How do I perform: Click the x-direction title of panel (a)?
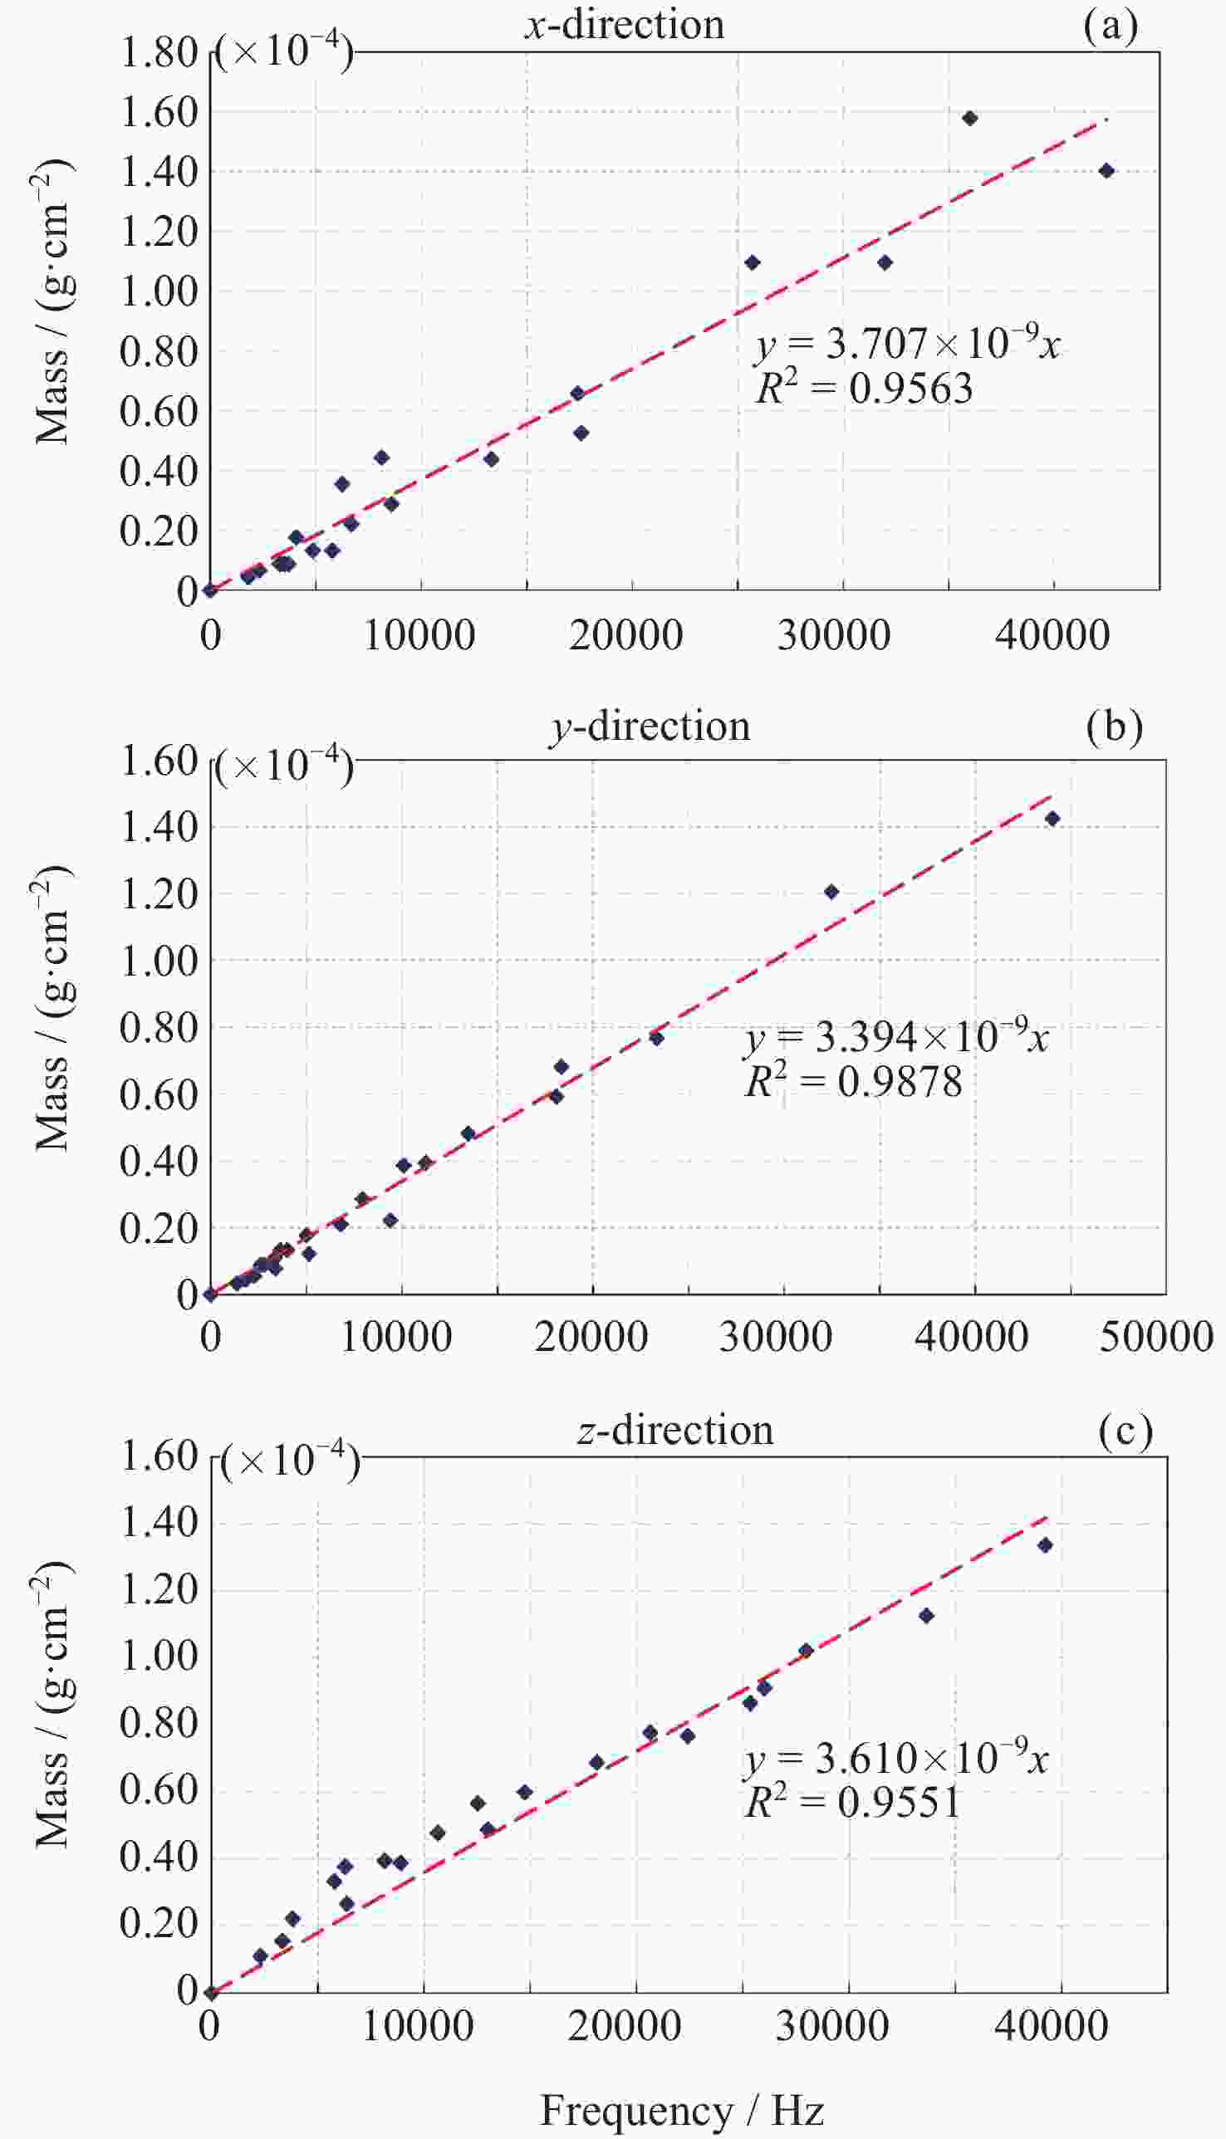click(x=624, y=24)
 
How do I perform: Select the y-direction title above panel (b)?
click(x=650, y=727)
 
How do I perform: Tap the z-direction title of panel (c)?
click(x=674, y=1430)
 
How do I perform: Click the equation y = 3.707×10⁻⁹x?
click(x=908, y=344)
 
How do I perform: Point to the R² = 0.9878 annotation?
click(x=853, y=1082)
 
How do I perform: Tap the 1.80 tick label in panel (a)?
click(x=159, y=52)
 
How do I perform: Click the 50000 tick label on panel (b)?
click(x=1156, y=1337)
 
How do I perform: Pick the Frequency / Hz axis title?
click(x=681, y=2111)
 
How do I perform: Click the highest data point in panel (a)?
click(x=969, y=118)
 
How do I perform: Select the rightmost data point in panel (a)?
click(x=1106, y=171)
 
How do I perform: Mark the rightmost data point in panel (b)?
click(x=1052, y=818)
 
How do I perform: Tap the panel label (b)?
click(x=1114, y=727)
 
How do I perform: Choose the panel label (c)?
click(x=1125, y=1430)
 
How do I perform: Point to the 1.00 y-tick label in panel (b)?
click(x=159, y=962)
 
